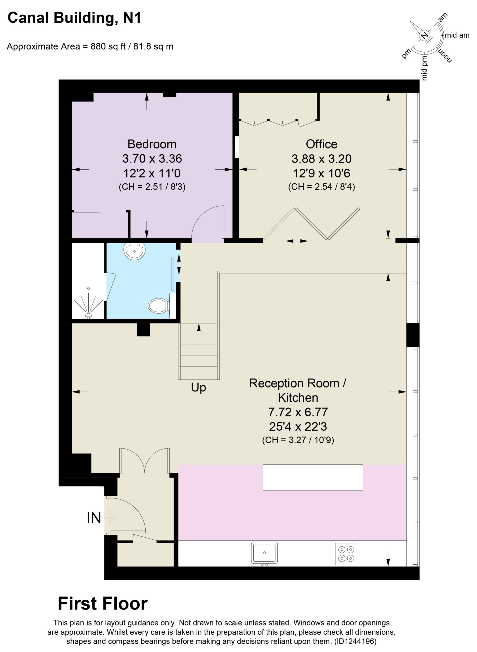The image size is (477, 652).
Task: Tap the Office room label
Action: [x=321, y=144]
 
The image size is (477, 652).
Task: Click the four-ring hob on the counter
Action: [x=346, y=554]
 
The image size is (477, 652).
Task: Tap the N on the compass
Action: [x=425, y=35]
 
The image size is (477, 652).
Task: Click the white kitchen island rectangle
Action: [x=313, y=478]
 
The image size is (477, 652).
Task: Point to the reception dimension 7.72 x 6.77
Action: [x=298, y=412]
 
